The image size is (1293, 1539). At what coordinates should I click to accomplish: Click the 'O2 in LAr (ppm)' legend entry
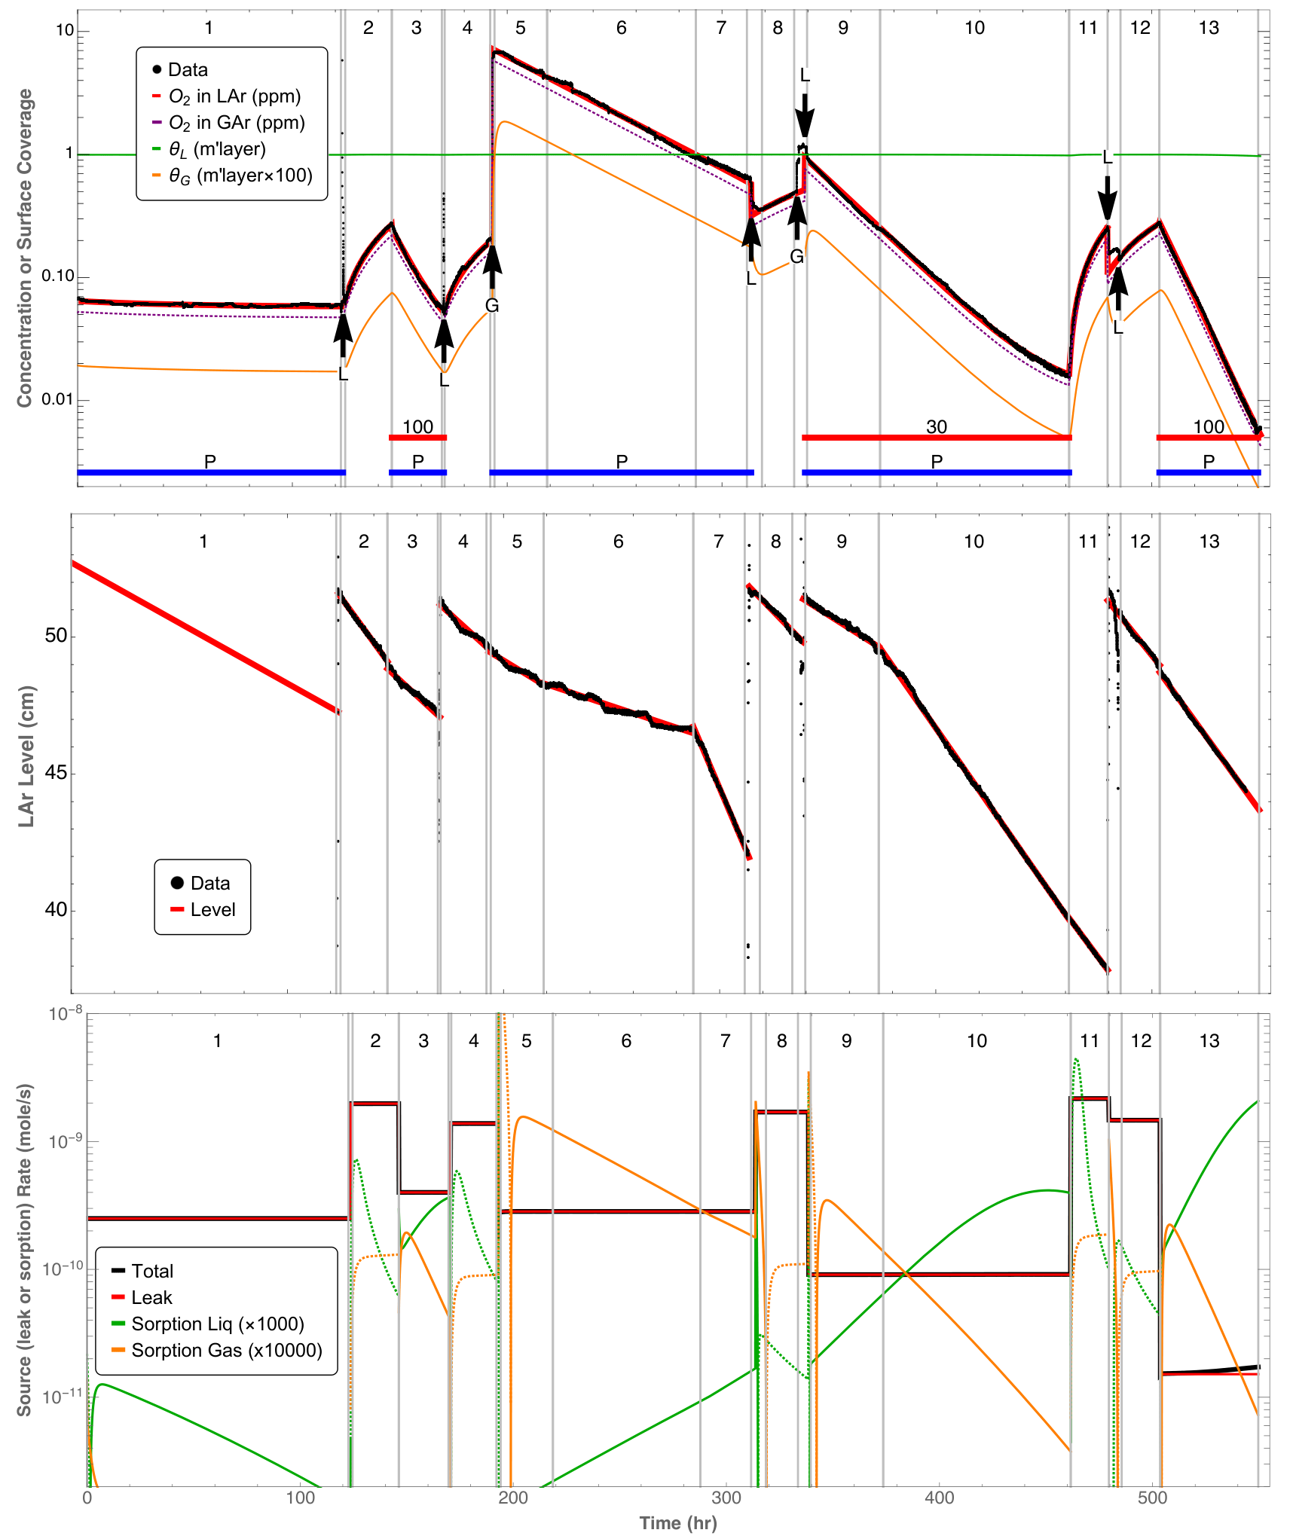227,96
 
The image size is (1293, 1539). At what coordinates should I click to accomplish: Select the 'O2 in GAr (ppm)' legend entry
228,123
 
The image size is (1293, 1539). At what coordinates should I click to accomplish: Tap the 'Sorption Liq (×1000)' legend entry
208,1324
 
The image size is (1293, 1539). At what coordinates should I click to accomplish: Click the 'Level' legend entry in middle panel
203,909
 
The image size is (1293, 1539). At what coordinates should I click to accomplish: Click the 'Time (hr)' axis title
678,1522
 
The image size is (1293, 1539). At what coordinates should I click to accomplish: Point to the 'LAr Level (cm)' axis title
27,756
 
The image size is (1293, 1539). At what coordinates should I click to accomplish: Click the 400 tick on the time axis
939,1497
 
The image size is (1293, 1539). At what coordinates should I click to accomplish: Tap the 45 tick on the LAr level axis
56,773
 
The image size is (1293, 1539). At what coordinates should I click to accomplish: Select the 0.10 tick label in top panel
57,276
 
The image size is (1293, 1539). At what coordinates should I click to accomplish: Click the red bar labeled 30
937,438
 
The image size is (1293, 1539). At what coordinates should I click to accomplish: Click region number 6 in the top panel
621,28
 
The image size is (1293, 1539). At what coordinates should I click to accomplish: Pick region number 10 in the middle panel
974,542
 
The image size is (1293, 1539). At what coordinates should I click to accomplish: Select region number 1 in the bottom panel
217,1041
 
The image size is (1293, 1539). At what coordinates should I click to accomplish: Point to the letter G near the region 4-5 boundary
492,305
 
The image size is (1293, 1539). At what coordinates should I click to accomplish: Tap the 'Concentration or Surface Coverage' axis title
26,248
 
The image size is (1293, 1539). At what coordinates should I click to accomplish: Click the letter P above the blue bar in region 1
210,461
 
